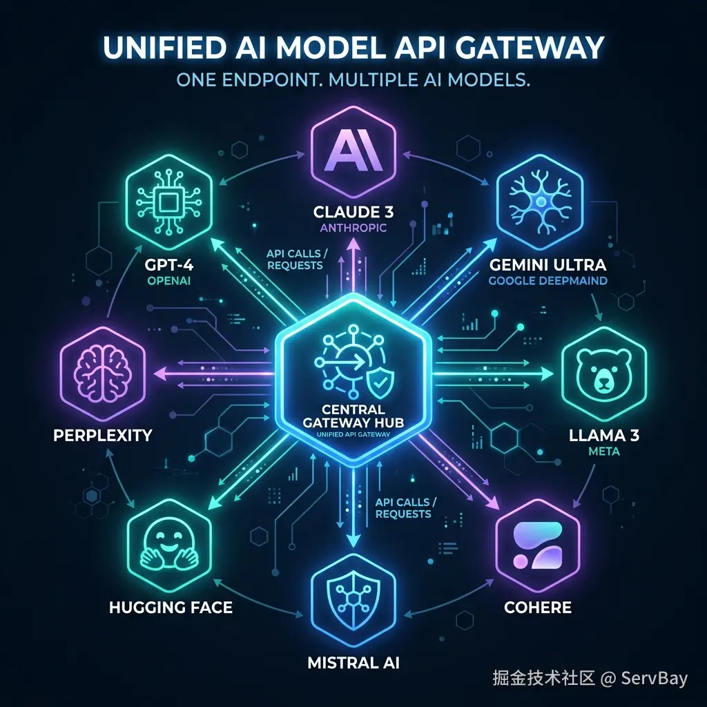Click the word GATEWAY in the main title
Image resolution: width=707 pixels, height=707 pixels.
click(530, 47)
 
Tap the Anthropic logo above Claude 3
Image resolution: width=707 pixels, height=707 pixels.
click(353, 152)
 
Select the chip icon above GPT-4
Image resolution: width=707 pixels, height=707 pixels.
click(168, 202)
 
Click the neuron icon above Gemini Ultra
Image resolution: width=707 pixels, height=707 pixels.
click(539, 202)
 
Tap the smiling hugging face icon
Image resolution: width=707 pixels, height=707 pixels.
click(168, 546)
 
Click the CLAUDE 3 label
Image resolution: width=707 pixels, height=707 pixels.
click(353, 212)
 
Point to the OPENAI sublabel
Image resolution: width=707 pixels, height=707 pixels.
click(168, 280)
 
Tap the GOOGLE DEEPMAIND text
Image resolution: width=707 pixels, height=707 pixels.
click(548, 280)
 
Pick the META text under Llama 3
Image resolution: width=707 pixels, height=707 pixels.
click(603, 451)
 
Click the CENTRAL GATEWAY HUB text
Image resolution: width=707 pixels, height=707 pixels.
click(353, 416)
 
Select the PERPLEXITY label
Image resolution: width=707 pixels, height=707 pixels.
click(103, 435)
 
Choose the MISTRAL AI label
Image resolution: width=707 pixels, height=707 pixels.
click(353, 662)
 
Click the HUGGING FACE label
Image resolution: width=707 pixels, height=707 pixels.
click(171, 608)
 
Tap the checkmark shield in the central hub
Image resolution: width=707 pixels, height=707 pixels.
click(380, 382)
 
